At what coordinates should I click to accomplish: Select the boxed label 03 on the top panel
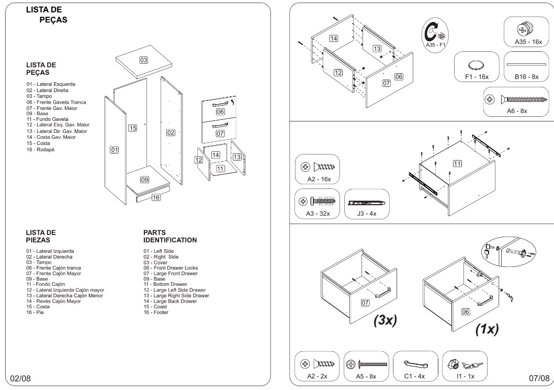coord(143,60)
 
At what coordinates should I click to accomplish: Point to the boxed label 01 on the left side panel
coord(114,150)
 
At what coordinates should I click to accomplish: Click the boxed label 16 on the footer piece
coord(155,197)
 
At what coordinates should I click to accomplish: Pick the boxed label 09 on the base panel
coord(145,180)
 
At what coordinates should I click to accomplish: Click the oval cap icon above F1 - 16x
coord(476,65)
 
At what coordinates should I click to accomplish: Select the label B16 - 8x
coord(527,77)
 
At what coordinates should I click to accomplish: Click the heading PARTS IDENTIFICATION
coord(169,237)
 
